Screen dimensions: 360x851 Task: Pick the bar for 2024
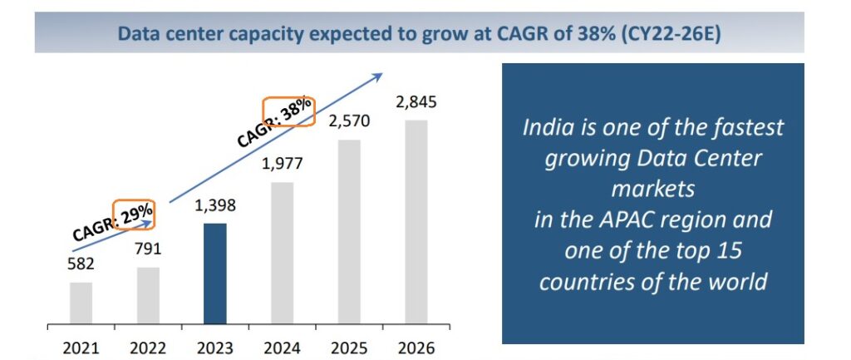coord(283,253)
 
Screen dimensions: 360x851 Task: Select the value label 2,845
coord(416,103)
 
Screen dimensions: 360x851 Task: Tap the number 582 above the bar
coord(82,264)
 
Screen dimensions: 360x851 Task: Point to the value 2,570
coord(349,122)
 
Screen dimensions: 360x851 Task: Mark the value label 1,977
coord(283,163)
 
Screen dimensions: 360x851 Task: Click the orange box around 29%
coord(134,216)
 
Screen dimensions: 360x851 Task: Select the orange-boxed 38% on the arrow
coord(288,111)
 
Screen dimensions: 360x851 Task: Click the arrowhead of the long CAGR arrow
coord(378,76)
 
